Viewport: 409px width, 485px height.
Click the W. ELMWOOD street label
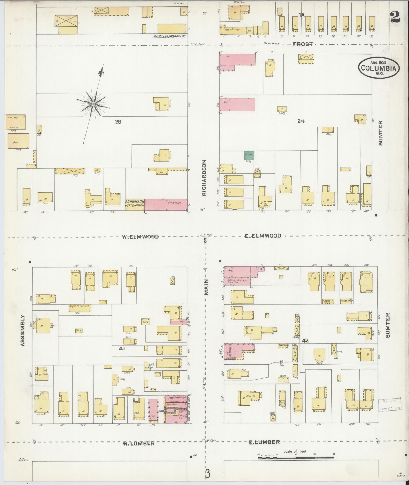[x=140, y=237]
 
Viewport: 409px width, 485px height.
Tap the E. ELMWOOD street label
[x=263, y=236]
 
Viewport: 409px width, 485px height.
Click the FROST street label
[x=303, y=44]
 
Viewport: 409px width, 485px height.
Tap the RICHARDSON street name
[x=204, y=178]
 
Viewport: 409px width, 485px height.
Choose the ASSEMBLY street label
[x=23, y=330]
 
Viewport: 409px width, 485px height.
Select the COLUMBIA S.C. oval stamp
[x=379, y=67]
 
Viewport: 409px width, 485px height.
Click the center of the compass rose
[x=94, y=104]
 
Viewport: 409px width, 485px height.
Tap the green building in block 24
[x=249, y=155]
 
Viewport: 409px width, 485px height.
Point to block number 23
[x=118, y=122]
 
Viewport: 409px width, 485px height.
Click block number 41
[x=122, y=349]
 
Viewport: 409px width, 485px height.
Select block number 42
[x=305, y=341]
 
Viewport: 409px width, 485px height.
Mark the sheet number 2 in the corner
[x=395, y=17]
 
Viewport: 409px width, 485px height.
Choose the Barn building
[x=18, y=141]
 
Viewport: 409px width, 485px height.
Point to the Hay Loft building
[x=16, y=122]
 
